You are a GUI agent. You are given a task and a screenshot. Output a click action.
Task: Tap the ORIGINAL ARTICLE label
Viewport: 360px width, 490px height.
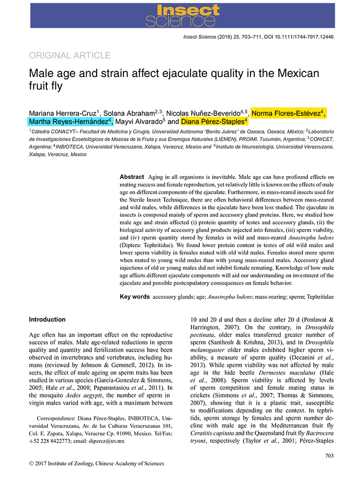coord(70,56)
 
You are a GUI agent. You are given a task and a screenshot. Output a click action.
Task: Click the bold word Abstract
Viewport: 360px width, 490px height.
coord(131,177)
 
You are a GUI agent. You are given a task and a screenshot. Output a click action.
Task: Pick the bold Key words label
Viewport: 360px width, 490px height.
coord(134,297)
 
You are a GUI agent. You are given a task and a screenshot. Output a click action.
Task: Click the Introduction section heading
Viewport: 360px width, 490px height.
coord(47,320)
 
